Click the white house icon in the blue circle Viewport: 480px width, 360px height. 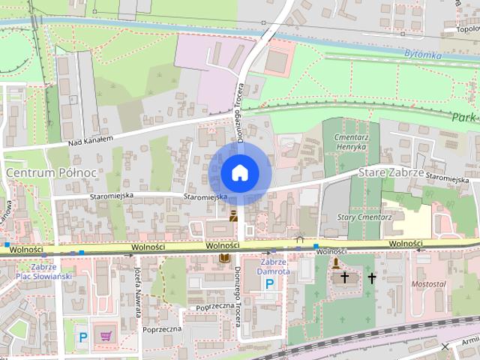pyautogui.click(x=239, y=172)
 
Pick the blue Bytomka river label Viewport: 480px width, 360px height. pyautogui.click(x=424, y=55)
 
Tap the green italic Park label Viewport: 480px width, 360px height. pyautogui.click(x=465, y=118)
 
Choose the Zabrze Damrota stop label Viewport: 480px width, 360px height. pyautogui.click(x=270, y=267)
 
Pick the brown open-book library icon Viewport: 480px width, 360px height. pyautogui.click(x=223, y=258)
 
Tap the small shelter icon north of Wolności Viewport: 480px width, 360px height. pyautogui.click(x=300, y=240)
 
